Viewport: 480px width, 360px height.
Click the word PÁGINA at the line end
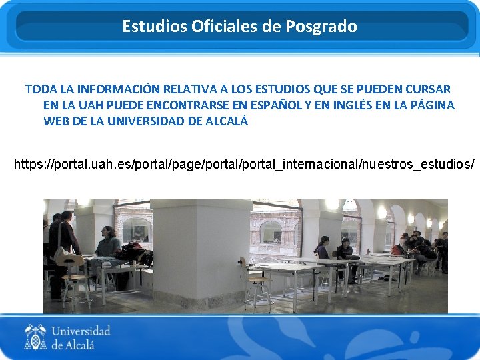click(433, 105)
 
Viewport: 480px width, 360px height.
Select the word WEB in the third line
click(56, 121)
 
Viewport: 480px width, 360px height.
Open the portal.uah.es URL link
click(244, 163)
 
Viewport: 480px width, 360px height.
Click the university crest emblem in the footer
click(35, 337)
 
